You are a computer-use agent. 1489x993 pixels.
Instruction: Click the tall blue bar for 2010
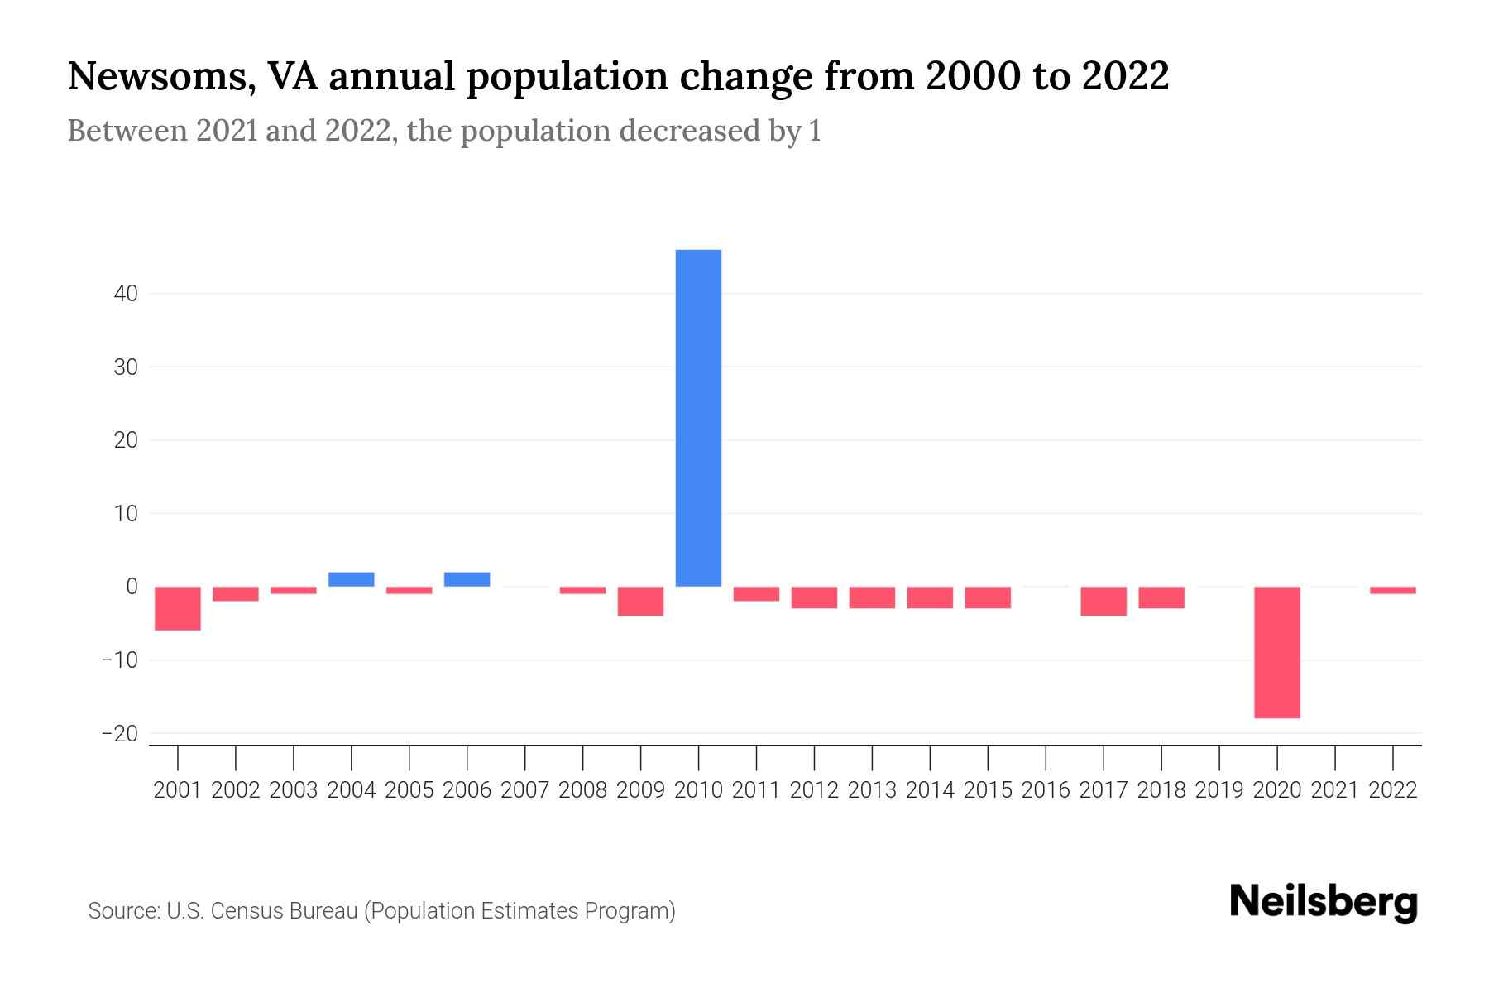pos(698,418)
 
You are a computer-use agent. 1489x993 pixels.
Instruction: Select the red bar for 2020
pos(1276,652)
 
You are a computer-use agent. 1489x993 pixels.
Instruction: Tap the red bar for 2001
pos(178,608)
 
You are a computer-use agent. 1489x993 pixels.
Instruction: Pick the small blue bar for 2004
pos(352,579)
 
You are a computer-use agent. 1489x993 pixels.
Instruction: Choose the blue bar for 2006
pos(467,579)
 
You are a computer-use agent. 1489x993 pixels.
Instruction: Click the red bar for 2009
pos(640,601)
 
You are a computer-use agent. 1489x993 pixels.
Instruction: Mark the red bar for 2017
pos(1103,601)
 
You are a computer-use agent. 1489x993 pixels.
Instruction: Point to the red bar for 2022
pos(1392,590)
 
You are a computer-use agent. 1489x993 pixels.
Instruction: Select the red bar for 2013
pos(872,597)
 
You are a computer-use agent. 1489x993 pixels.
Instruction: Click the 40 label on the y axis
pos(126,294)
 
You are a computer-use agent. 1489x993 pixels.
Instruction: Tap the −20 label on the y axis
pos(119,734)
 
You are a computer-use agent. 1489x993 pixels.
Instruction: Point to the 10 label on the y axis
pos(126,514)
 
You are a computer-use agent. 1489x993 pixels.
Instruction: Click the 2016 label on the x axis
pos(1046,790)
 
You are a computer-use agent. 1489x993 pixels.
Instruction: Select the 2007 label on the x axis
pos(524,790)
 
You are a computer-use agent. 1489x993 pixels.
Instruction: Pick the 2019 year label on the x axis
pos(1219,790)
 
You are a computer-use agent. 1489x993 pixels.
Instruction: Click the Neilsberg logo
pos(1323,903)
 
